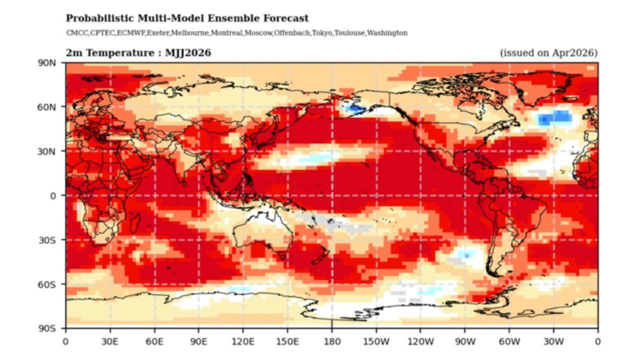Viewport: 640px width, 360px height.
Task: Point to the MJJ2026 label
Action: [187, 53]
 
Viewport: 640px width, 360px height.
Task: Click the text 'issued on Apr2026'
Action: [548, 53]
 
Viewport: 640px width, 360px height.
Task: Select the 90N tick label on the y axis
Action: [48, 63]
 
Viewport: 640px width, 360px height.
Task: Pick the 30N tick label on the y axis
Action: [48, 151]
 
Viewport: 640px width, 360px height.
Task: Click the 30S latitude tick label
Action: [48, 240]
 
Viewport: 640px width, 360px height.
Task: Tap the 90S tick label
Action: [48, 328]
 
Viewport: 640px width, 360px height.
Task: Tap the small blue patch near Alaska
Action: [356, 108]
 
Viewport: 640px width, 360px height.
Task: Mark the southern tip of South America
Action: [494, 274]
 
